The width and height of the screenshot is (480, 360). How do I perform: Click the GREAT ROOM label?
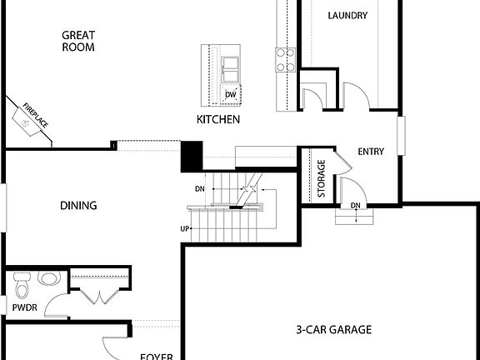pos(78,41)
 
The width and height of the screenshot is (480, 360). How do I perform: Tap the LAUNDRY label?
pos(347,15)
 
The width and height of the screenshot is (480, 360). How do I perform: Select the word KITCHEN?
pos(218,120)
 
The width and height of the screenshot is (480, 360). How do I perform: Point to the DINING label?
pos(78,205)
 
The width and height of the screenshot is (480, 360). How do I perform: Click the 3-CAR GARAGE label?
pos(333,329)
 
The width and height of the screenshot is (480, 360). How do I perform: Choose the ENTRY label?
pos(371,152)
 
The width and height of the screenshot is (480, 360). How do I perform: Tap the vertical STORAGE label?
pos(322,179)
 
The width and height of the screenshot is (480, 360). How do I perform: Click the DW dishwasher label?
pos(230,95)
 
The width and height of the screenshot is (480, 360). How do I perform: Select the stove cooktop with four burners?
pos(286,59)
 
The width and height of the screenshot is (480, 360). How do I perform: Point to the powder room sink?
pos(50,279)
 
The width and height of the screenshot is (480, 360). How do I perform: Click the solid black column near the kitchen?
pos(192,157)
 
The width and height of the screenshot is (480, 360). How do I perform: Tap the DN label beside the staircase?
pos(200,189)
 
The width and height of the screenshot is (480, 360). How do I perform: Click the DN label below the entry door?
pos(355,206)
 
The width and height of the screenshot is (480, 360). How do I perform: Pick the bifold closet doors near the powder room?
pos(98,293)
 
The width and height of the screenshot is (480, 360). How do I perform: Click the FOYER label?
pos(156,357)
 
